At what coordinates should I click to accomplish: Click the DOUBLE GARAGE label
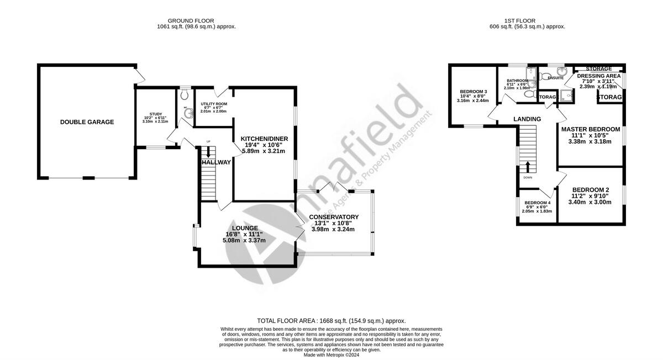(x=87, y=122)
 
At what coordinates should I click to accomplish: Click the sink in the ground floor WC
(x=189, y=114)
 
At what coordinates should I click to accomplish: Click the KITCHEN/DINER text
(x=264, y=137)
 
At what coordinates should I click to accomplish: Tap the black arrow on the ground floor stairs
(x=208, y=155)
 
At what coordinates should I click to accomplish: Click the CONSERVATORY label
(x=334, y=217)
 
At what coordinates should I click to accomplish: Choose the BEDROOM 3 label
(x=473, y=92)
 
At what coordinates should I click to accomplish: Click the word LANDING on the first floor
(x=527, y=119)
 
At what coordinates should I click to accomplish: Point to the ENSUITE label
(x=555, y=78)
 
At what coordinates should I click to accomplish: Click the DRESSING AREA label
(x=598, y=76)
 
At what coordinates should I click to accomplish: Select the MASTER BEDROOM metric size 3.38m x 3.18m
(x=590, y=141)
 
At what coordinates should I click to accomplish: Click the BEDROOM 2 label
(x=591, y=188)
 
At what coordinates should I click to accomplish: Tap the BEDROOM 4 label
(x=537, y=203)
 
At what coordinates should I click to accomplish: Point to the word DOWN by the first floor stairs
(x=528, y=177)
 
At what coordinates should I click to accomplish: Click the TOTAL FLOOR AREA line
(x=331, y=321)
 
